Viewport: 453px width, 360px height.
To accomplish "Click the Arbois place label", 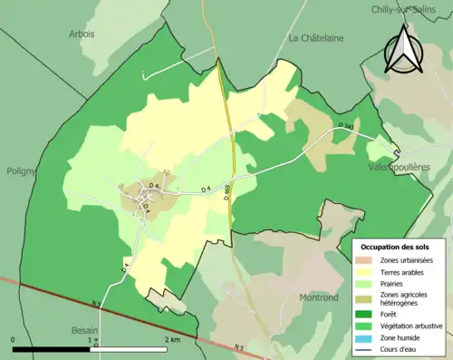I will [82, 34].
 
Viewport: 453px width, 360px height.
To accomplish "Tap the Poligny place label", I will [21, 170].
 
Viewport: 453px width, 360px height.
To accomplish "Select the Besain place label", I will [85, 331].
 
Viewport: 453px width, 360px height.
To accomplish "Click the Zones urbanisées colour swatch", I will [367, 260].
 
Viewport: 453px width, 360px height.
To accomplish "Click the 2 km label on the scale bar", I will [172, 339].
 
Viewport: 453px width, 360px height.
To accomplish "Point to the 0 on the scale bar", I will [14, 339].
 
